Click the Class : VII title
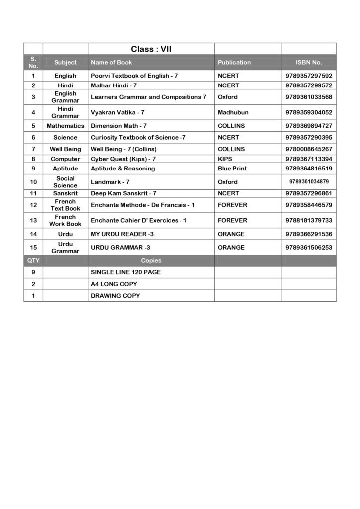[x=151, y=49]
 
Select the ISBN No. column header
[x=309, y=62]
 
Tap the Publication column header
[x=234, y=62]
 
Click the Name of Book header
[x=111, y=62]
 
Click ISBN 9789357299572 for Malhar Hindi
[x=309, y=85]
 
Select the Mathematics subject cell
[x=65, y=126]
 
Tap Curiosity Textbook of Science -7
[x=138, y=137]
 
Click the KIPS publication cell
[x=225, y=159]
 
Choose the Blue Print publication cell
[x=232, y=169]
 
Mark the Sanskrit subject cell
[x=65, y=193]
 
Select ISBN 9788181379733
[x=309, y=220]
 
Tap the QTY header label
[x=33, y=260]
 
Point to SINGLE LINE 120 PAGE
[x=126, y=272]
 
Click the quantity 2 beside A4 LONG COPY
[x=33, y=284]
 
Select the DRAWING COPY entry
[x=115, y=296]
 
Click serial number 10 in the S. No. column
[x=33, y=182]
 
